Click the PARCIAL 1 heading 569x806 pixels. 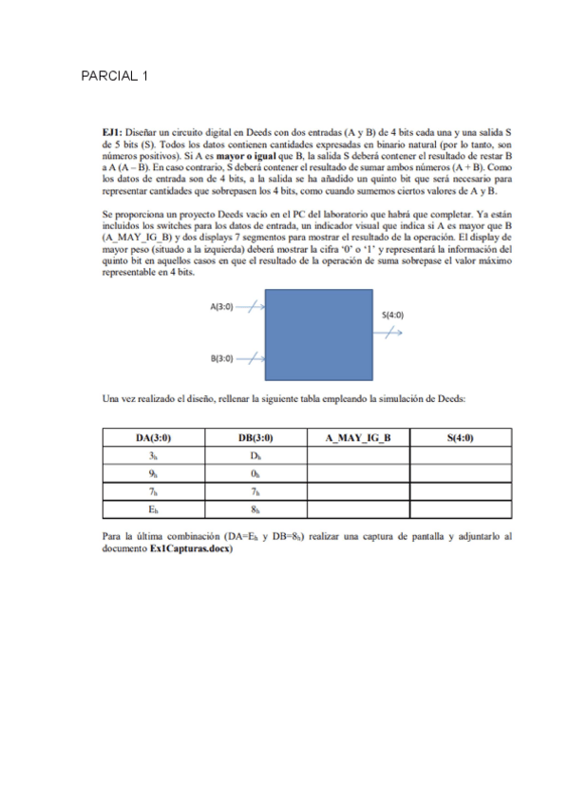coord(115,76)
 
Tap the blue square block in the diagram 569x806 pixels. coord(313,337)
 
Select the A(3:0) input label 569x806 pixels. coord(221,307)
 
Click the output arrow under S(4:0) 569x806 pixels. coord(390,332)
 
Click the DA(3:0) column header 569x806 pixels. coord(153,438)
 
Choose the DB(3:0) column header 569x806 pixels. coord(256,438)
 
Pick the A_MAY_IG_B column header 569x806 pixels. coord(358,438)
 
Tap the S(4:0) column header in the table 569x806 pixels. coord(461,438)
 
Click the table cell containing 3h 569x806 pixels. coord(153,456)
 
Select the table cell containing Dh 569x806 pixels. coord(256,456)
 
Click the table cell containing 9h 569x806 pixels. coord(153,474)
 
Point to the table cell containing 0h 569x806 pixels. coord(256,474)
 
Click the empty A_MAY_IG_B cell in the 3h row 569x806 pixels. coord(358,456)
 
